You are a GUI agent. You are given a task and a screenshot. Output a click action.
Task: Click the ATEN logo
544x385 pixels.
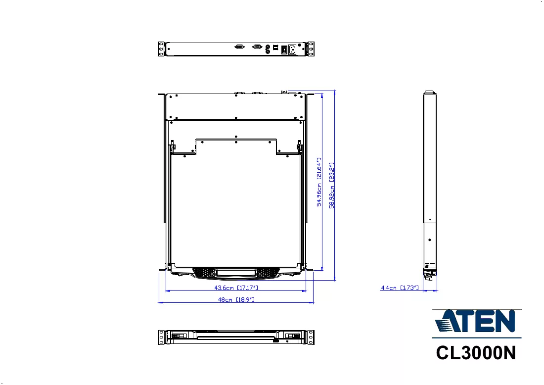point(476,321)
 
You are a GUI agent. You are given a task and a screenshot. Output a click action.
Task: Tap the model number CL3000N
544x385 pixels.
point(476,353)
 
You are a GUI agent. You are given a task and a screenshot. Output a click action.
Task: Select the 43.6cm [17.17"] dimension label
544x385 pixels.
point(236,288)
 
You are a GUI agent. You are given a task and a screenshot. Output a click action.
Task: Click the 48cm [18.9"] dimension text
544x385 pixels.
point(236,299)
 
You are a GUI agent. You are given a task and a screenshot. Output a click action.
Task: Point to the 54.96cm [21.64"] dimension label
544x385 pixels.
point(319,182)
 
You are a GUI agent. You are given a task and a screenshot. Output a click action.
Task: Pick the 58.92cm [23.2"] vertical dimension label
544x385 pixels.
point(332,186)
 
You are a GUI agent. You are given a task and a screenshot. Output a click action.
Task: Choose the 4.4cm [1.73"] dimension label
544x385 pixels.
point(400,288)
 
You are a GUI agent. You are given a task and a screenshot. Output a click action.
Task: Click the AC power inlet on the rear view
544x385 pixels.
point(292,49)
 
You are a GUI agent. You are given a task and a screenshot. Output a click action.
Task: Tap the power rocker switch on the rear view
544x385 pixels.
point(284,49)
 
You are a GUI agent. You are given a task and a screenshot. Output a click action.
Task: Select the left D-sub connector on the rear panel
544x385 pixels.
point(239,47)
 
